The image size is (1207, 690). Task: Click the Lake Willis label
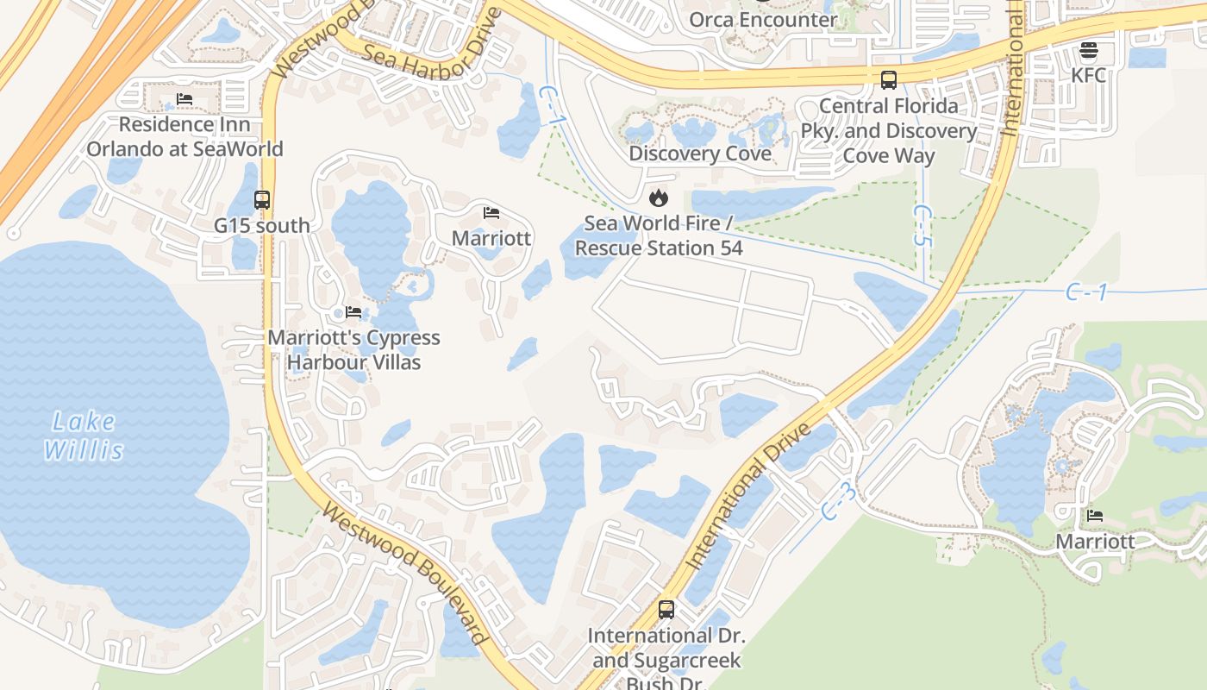point(84,436)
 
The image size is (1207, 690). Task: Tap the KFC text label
point(1088,75)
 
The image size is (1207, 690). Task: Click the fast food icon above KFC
point(1088,50)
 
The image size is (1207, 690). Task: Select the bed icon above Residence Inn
point(184,99)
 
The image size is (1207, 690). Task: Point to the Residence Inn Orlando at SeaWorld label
point(184,136)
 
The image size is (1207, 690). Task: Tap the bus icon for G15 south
point(262,200)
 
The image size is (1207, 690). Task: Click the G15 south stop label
point(262,226)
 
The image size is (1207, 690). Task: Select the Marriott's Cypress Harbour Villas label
point(353,349)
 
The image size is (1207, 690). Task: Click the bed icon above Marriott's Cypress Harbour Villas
point(353,311)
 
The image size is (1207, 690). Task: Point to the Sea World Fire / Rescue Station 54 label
point(659,235)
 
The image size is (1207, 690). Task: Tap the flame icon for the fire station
point(659,198)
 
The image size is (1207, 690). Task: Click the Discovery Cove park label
point(700,154)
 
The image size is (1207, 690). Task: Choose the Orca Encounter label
point(763,20)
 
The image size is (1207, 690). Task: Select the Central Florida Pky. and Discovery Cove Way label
point(889,130)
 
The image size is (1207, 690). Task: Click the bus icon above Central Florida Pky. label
point(889,80)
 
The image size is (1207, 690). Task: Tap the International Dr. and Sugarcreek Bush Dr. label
point(666,661)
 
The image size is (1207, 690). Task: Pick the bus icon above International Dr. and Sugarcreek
point(666,610)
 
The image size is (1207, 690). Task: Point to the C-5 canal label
point(922,226)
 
